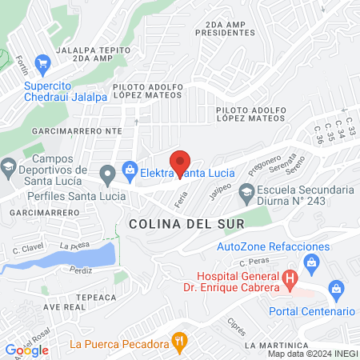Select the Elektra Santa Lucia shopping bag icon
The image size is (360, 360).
[129, 168]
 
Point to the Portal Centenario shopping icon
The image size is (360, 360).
[336, 288]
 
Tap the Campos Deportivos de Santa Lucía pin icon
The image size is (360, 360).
[9, 169]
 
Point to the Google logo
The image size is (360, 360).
[27, 350]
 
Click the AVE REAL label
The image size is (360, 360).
[64, 306]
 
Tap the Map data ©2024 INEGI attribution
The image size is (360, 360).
[311, 354]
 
